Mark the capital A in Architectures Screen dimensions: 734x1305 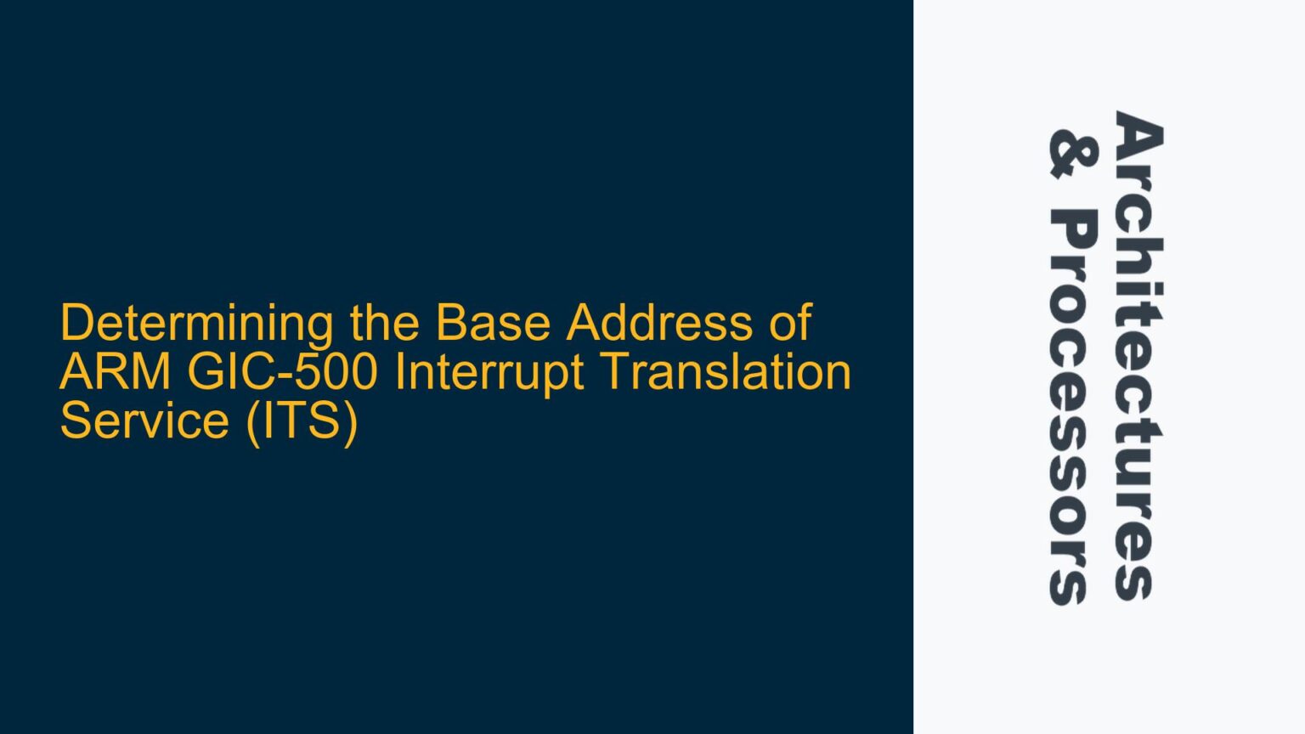click(1138, 135)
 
